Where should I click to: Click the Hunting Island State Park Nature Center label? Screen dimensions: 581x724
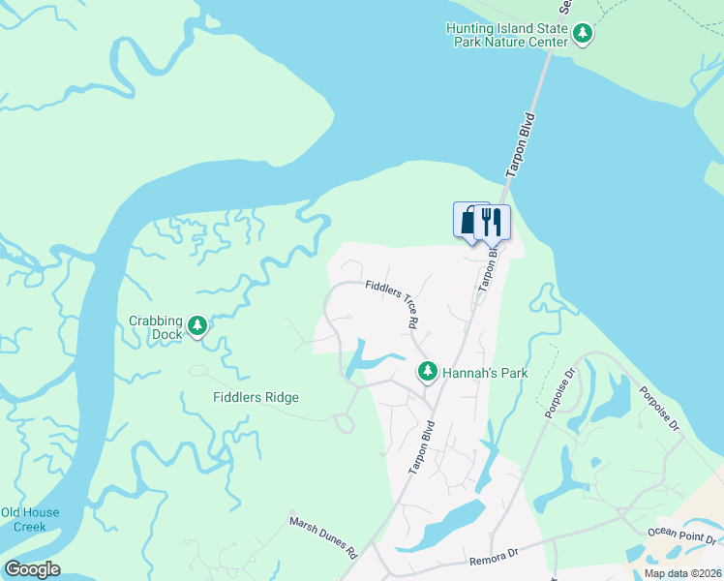pos(507,36)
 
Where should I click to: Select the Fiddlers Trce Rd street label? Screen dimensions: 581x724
pos(392,302)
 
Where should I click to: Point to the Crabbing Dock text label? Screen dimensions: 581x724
pos(155,327)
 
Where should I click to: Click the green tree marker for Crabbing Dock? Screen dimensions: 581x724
pos(197,325)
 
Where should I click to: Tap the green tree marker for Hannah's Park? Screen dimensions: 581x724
pos(428,371)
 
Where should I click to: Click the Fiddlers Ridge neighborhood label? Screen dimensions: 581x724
pos(256,397)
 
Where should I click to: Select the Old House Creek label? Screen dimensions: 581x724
pos(30,519)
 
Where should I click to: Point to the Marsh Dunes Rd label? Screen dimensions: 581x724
pos(324,536)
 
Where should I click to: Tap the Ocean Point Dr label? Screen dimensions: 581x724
pos(682,535)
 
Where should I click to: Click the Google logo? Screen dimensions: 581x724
pos(32,569)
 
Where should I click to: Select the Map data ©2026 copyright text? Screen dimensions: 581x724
pos(682,573)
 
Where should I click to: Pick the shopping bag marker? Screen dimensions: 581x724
pos(469,221)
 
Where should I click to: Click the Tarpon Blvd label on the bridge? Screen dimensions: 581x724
pos(520,146)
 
